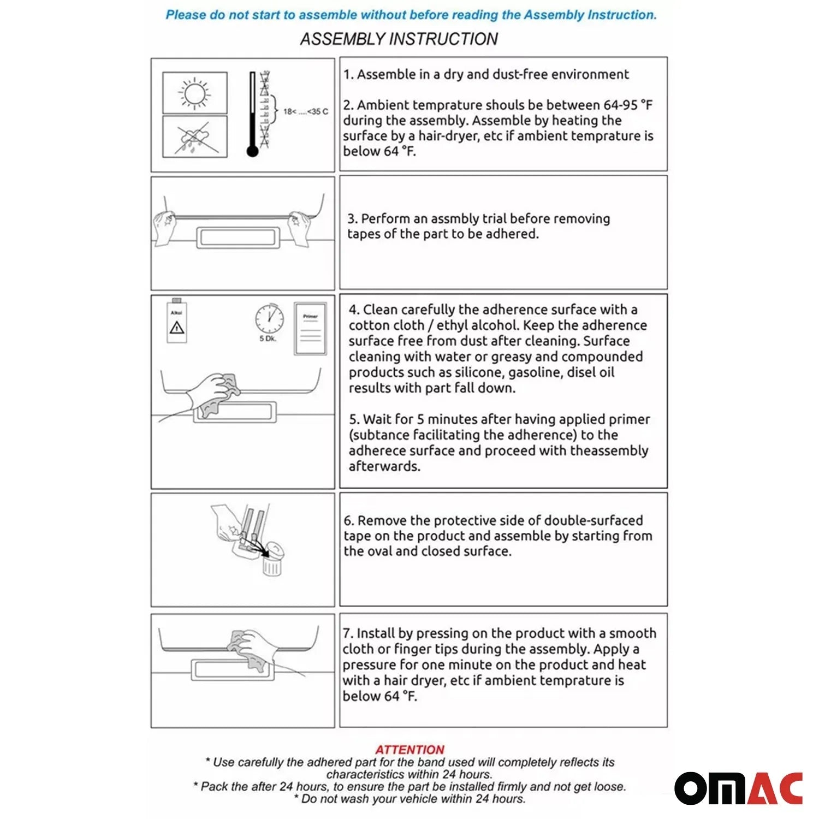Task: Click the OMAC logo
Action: (738, 788)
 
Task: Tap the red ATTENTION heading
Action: (410, 750)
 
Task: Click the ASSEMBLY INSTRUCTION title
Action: (399, 39)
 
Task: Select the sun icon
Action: (195, 93)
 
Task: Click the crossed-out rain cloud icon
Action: (194, 137)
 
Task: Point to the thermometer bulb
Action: (252, 151)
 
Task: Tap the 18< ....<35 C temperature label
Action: (305, 112)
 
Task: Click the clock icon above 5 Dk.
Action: (269, 318)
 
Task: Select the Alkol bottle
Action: (176, 322)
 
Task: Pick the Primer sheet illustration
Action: (310, 329)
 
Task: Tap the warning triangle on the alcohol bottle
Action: (176, 328)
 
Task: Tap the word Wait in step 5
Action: (377, 419)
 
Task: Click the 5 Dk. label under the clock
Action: (268, 339)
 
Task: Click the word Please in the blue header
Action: (186, 15)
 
